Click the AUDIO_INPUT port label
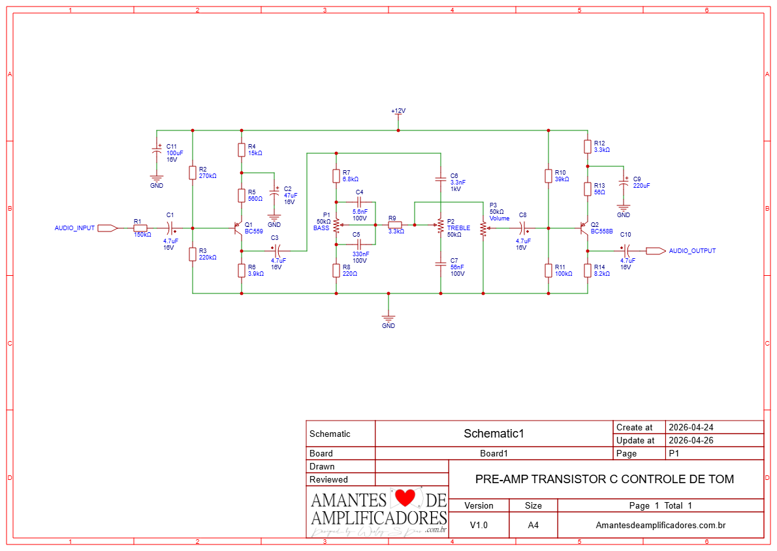[x=74, y=228]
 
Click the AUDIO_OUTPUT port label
[x=692, y=251]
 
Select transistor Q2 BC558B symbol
[x=584, y=228]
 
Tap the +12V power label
[x=398, y=112]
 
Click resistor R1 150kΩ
[x=140, y=228]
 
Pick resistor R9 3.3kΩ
[x=395, y=224]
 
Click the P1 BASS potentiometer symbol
[x=336, y=226]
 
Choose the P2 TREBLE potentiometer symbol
[x=441, y=226]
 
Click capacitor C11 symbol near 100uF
[x=157, y=149]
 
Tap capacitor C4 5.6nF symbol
[x=359, y=201]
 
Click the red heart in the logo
[x=405, y=499]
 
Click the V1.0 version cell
[x=479, y=525]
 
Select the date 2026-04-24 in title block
[x=691, y=427]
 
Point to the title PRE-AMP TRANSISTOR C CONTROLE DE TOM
[x=604, y=479]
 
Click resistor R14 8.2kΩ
[x=588, y=271]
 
